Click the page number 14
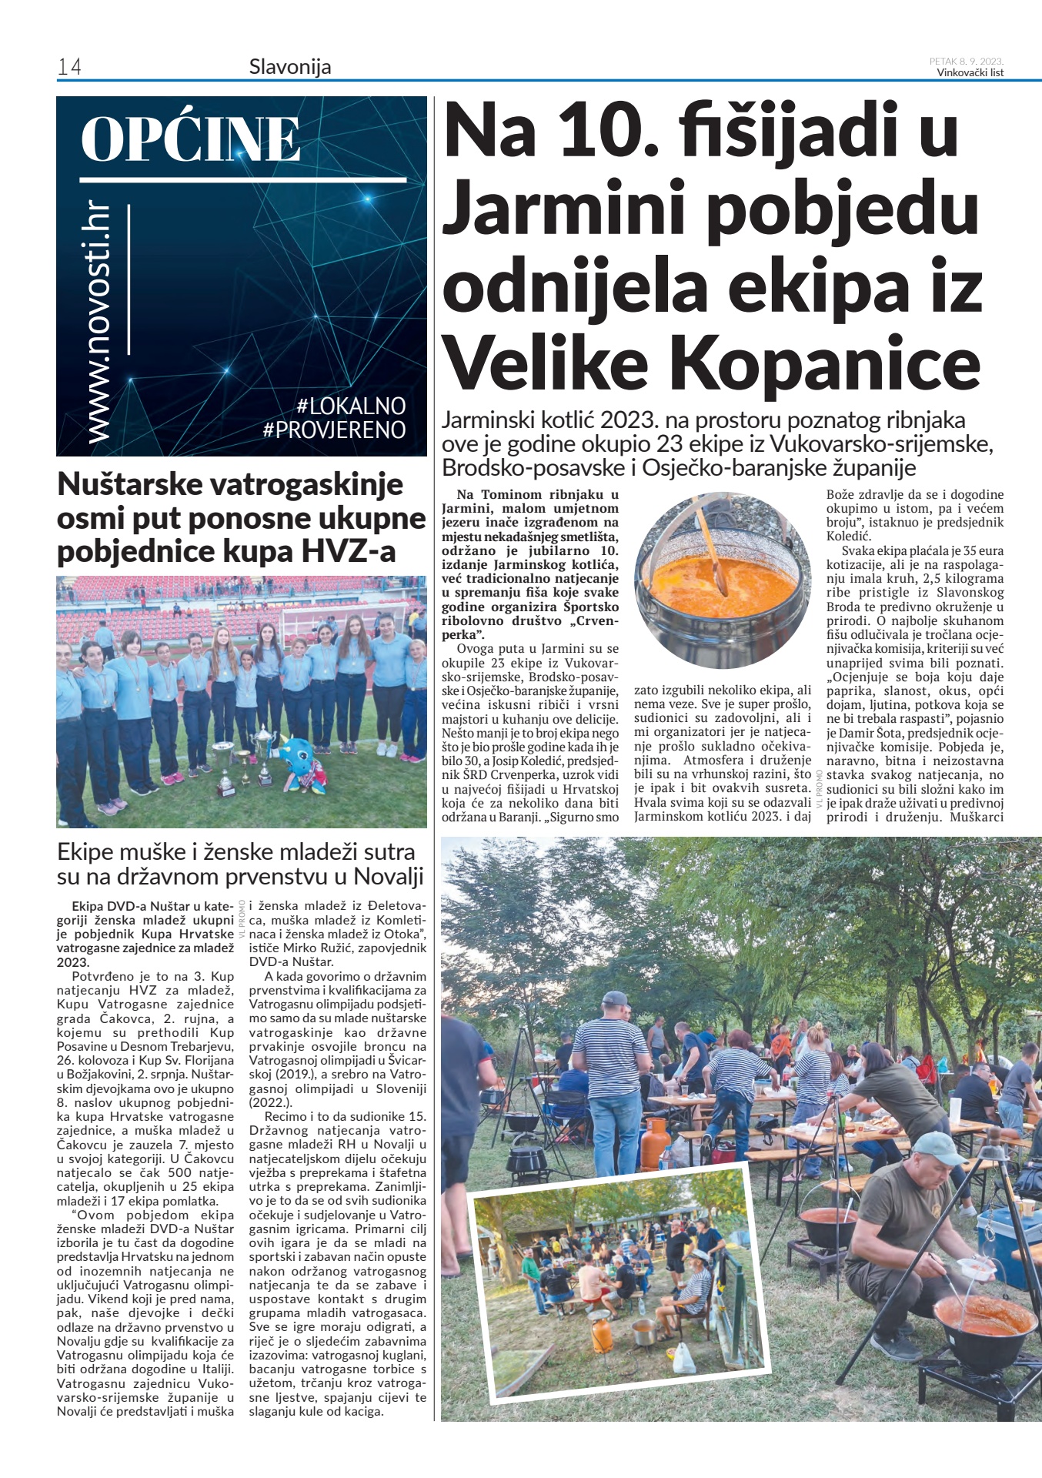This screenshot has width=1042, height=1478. pos(69,68)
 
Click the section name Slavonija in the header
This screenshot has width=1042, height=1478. pos(290,67)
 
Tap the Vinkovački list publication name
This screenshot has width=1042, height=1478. pos(970,73)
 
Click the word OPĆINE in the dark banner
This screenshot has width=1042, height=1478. pos(190,139)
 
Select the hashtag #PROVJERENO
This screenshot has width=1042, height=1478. pos(334,430)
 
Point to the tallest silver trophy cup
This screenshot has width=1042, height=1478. pos(263,751)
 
